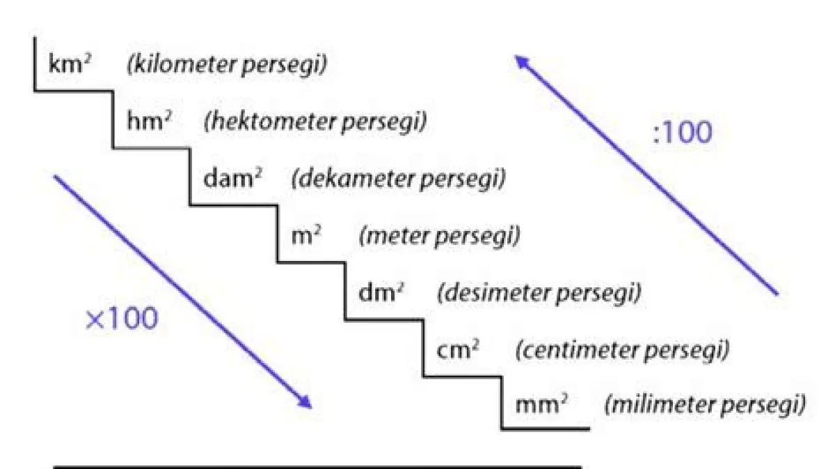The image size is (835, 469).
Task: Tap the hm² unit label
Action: pos(149,122)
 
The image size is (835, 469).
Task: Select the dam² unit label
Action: pos(232,180)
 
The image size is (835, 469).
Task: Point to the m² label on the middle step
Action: pos(305,237)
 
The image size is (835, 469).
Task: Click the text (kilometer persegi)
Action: pos(226,65)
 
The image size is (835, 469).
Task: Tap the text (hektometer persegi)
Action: pos(315,122)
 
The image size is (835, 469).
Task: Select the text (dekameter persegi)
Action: pos(398,180)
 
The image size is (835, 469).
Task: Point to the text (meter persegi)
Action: pos(439,237)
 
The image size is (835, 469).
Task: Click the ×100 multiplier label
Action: pos(121,319)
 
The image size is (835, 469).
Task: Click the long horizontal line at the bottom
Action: pos(317,467)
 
